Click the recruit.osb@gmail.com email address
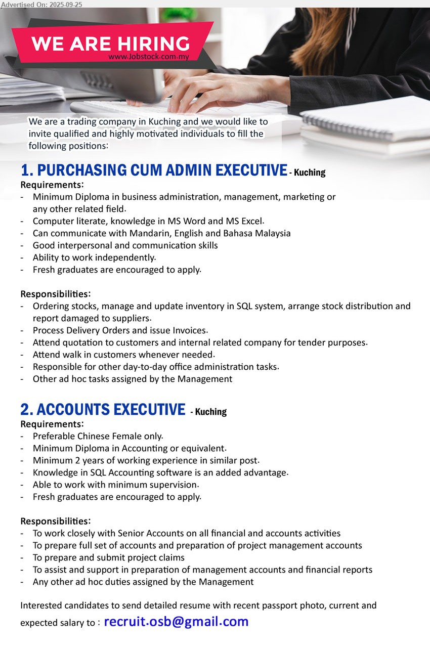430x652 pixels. point(176,622)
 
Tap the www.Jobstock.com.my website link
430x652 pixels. point(149,57)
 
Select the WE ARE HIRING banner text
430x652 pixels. point(110,43)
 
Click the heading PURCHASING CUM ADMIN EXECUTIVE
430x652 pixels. point(154,170)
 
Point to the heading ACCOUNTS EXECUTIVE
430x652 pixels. point(103,409)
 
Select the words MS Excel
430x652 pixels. point(245,221)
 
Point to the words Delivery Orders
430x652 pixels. point(99,330)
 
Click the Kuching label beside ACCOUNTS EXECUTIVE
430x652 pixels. point(210,412)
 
